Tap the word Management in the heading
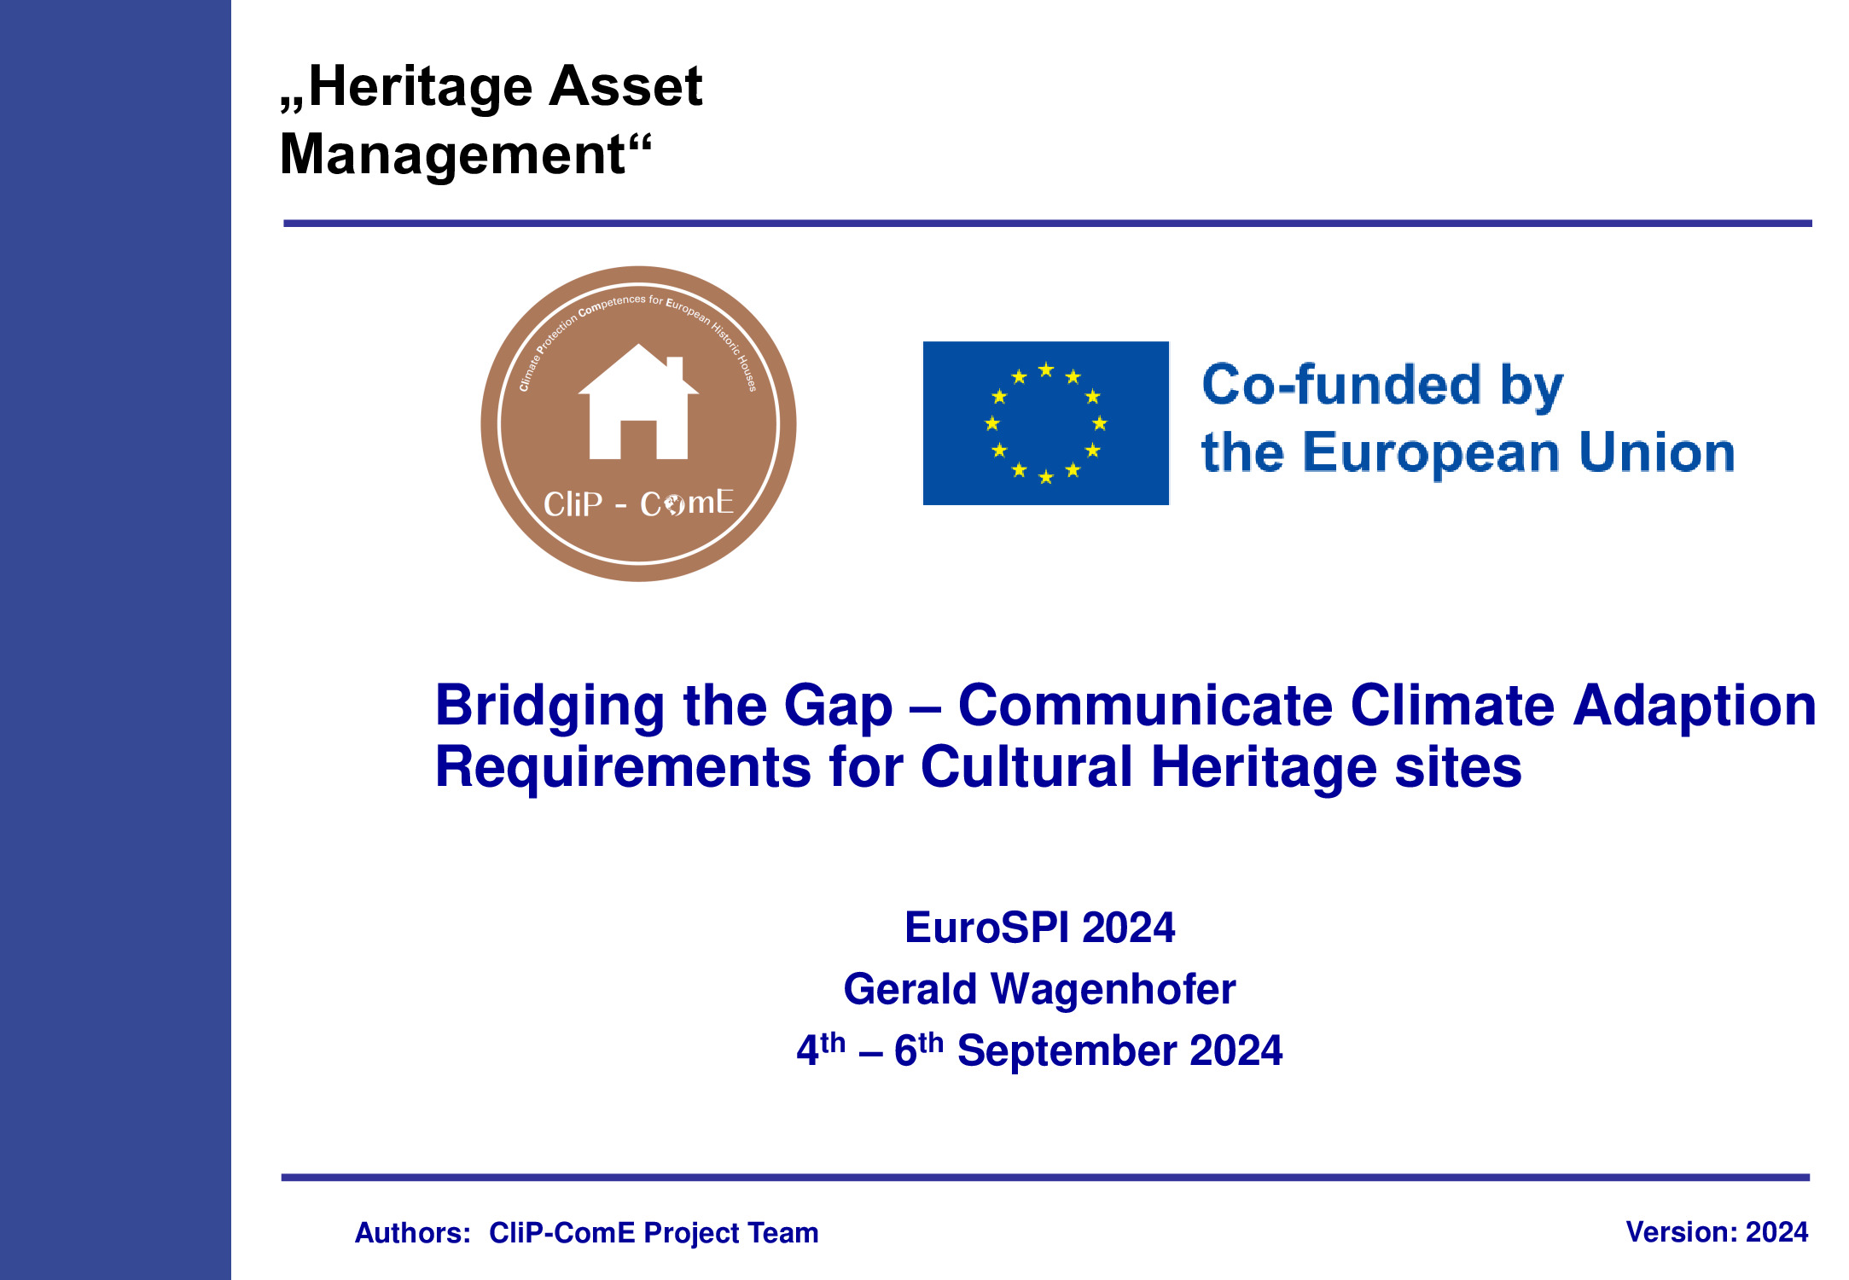[x=453, y=154]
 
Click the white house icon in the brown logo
[x=638, y=401]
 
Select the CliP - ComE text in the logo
[x=638, y=503]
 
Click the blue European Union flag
[x=1045, y=423]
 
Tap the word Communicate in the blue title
[x=1145, y=706]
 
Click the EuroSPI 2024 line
[x=1039, y=928]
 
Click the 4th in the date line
[x=821, y=1049]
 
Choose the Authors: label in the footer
[x=413, y=1233]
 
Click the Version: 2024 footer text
[x=1717, y=1232]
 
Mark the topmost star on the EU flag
[x=1046, y=369]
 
